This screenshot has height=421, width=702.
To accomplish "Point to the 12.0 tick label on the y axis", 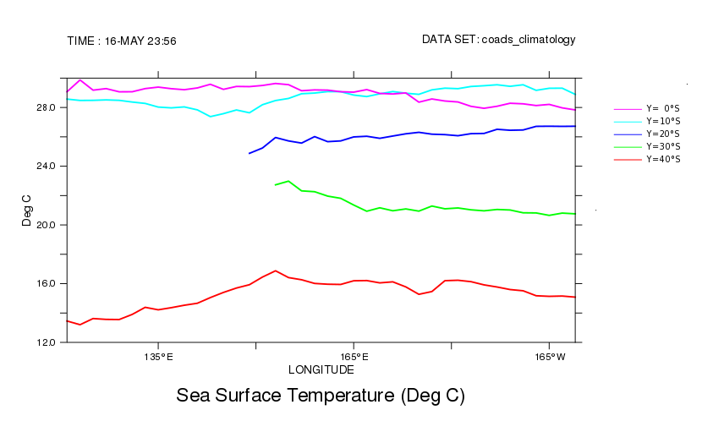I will [46, 342].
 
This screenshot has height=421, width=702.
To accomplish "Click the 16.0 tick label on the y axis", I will [46, 284].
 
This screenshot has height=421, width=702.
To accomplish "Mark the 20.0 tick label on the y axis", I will [46, 225].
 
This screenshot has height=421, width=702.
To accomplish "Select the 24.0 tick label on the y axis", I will [46, 167].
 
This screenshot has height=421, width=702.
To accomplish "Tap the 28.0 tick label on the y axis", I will [46, 108].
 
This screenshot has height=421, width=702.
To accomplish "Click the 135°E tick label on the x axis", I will [158, 357].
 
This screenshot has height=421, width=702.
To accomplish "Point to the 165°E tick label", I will [354, 357].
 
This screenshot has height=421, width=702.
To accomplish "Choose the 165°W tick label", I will [549, 357].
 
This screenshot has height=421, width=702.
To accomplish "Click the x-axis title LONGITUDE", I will [321, 370].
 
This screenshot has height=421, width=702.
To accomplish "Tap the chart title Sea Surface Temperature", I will [321, 396].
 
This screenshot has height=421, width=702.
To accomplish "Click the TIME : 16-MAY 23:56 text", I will [121, 41].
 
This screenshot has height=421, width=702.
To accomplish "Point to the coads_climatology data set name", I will [529, 40].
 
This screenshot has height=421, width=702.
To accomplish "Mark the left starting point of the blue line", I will [250, 153].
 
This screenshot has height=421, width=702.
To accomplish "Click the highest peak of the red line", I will [276, 271].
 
